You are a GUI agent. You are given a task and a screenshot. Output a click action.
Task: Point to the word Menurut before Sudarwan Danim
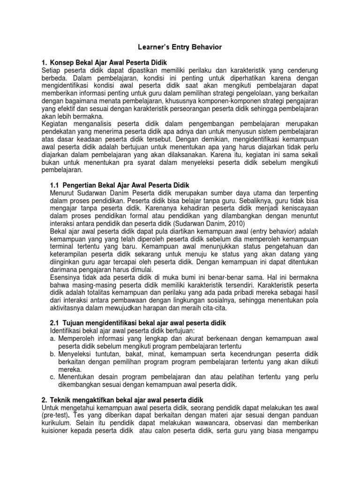click(x=64, y=193)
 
